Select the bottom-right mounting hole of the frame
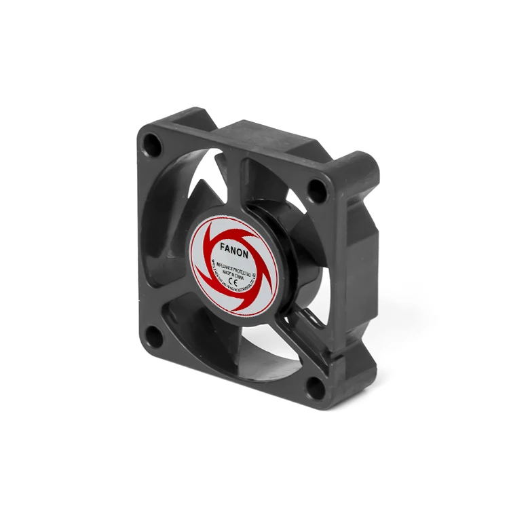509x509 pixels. pos(315,388)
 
